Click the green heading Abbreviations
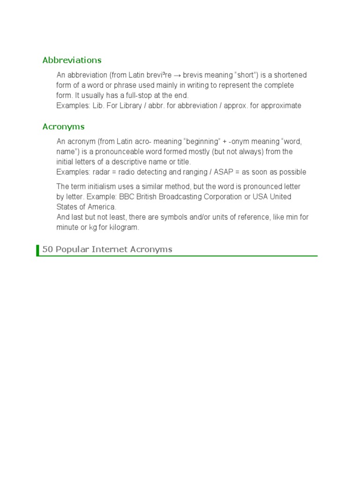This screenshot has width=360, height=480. [72, 60]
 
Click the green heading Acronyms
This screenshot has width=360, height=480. [63, 127]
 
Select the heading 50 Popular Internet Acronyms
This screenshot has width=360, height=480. [107, 249]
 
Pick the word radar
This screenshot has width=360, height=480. [97, 172]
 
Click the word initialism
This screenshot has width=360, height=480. [102, 187]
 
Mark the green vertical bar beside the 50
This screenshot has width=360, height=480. [37, 250]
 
